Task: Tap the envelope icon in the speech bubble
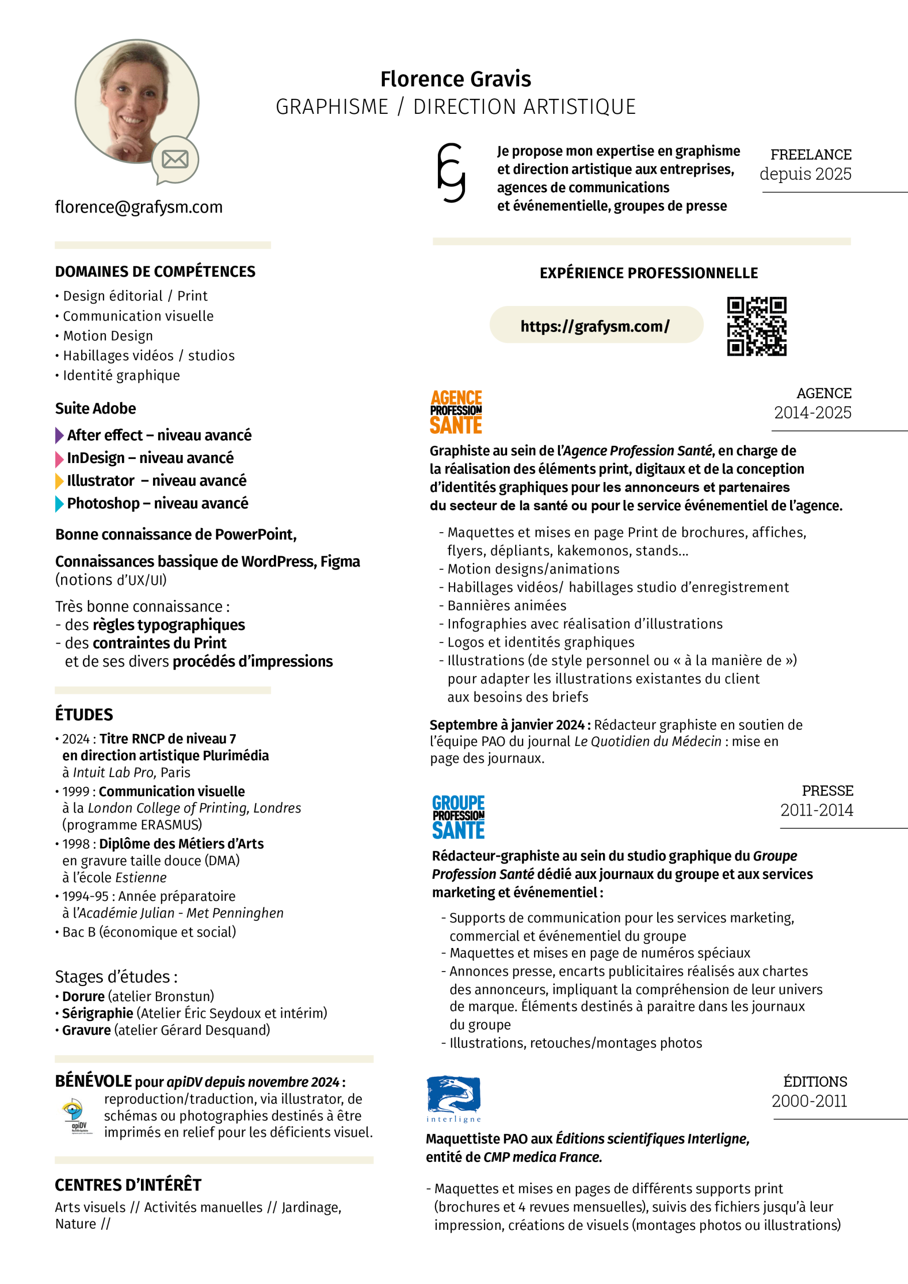175,159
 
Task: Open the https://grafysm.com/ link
595,326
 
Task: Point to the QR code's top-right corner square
778,306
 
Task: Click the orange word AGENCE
456,398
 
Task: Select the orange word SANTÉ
456,425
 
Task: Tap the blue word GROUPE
458,802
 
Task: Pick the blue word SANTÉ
458,830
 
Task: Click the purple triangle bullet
59,435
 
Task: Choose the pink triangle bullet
59,459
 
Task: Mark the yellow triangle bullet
59,481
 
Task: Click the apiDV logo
75,1116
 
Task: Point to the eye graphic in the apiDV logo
72,1107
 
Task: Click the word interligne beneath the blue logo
453,1119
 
